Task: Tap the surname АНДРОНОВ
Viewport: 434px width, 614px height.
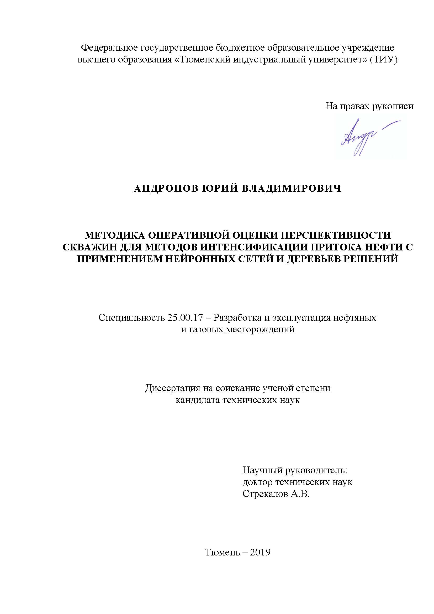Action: (165, 188)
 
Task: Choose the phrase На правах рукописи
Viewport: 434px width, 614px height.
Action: (369, 106)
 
